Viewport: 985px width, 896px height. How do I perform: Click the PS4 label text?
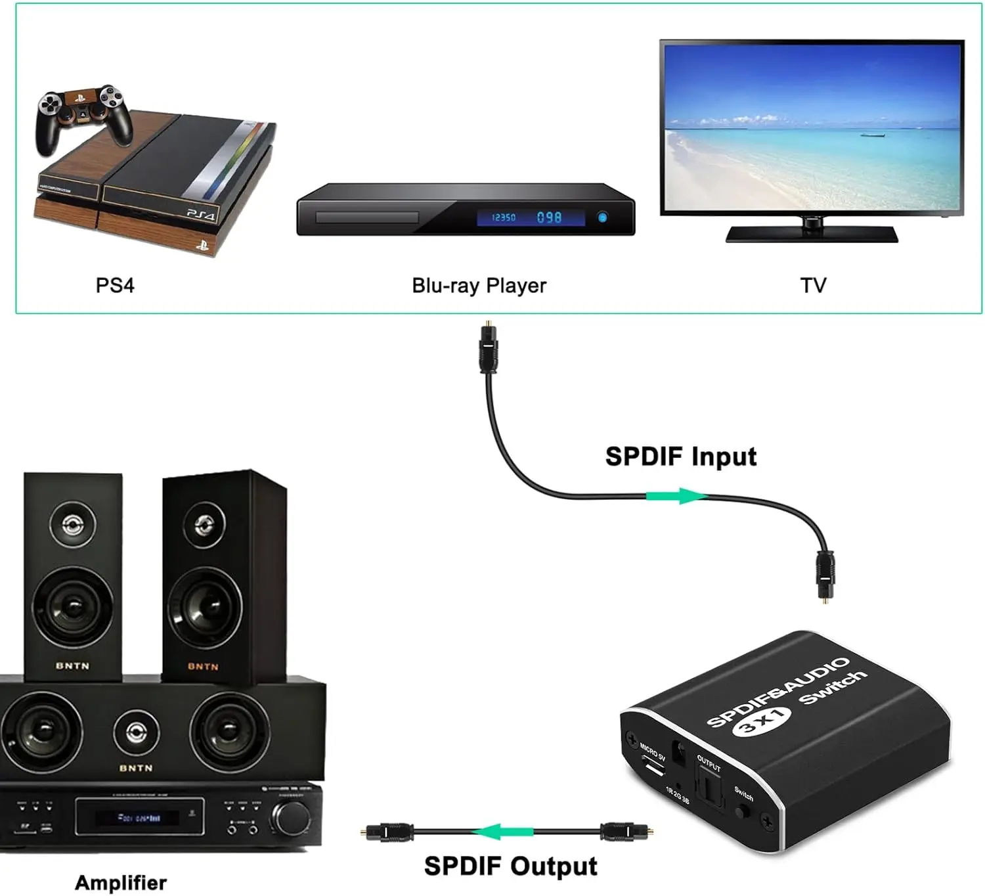click(x=115, y=285)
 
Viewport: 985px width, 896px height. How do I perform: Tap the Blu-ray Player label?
click(x=479, y=286)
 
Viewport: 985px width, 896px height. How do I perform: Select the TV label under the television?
click(x=813, y=285)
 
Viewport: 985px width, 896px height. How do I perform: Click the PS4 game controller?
click(x=83, y=117)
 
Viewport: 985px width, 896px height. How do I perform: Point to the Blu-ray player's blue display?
click(x=530, y=217)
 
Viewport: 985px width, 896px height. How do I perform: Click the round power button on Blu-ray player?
click(x=602, y=217)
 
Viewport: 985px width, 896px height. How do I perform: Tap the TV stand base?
click(x=812, y=234)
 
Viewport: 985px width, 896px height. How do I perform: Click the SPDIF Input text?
click(x=680, y=457)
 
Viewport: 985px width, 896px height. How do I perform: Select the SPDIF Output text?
click(x=510, y=866)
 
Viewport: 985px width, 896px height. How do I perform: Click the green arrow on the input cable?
click(x=676, y=496)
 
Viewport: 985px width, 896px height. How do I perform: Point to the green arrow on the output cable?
click(x=505, y=832)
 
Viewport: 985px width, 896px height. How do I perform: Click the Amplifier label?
click(x=121, y=882)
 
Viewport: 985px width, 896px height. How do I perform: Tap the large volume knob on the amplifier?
click(x=291, y=818)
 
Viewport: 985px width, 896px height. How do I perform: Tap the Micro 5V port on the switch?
click(x=651, y=767)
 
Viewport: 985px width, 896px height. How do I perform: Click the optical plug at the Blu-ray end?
click(x=489, y=348)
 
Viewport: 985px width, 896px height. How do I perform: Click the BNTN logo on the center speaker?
click(x=136, y=768)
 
